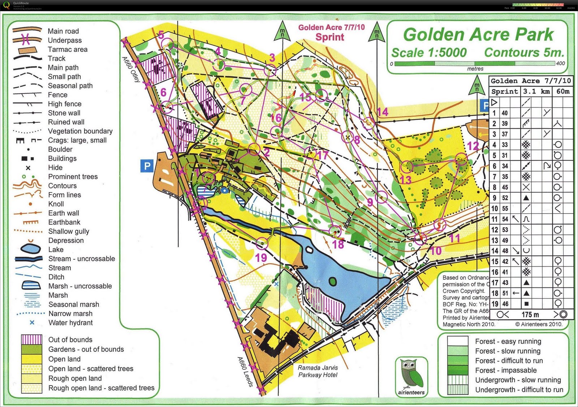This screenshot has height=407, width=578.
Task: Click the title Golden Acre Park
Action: [x=478, y=35]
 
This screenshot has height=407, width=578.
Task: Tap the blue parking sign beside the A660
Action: [x=147, y=166]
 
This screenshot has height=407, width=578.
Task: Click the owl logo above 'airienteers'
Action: [x=411, y=374]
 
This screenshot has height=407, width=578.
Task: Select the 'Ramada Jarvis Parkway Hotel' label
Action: [x=318, y=371]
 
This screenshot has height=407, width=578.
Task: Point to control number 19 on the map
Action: [x=261, y=257]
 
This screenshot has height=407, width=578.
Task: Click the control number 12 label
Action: [x=473, y=146]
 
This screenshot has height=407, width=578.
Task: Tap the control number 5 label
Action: [x=161, y=35]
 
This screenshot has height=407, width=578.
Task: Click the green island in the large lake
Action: [x=333, y=281]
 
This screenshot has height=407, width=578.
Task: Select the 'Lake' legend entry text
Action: [x=56, y=250]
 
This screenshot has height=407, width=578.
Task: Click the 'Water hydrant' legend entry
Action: [x=70, y=323]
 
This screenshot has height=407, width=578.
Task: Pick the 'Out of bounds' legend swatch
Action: [x=32, y=339]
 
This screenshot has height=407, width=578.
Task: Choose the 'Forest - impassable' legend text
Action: [x=506, y=370]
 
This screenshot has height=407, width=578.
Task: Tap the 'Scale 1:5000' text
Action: [x=429, y=53]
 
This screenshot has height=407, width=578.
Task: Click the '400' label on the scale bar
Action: [x=560, y=64]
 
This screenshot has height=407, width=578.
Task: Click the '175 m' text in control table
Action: [x=530, y=315]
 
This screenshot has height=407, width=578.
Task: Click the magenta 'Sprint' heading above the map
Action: [x=330, y=37]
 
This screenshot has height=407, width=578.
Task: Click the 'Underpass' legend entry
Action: [x=65, y=40]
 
